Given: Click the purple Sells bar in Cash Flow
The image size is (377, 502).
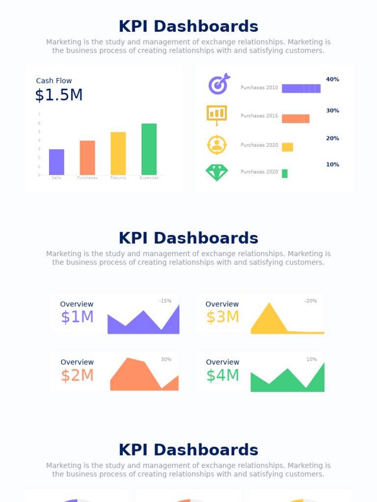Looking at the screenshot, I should click(x=56, y=162).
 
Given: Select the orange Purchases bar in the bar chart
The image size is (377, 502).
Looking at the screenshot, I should click(x=87, y=158).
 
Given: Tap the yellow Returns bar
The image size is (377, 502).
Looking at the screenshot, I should click(x=118, y=153).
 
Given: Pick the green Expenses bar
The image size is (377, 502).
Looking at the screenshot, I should click(x=149, y=149).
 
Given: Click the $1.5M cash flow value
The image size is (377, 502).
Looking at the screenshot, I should click(x=59, y=95).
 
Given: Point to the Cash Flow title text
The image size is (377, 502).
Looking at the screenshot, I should click(x=54, y=81).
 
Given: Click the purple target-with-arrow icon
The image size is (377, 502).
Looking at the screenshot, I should click(x=218, y=84).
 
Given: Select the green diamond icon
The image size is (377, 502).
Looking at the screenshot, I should click(x=216, y=172).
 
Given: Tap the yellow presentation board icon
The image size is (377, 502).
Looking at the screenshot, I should click(x=216, y=114).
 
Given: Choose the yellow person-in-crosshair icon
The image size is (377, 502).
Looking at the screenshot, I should click(x=216, y=145).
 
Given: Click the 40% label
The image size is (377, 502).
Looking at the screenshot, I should click(x=332, y=79).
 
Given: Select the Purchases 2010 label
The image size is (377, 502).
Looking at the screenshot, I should click(x=259, y=88).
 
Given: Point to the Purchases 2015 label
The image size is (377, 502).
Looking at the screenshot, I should click(x=259, y=116).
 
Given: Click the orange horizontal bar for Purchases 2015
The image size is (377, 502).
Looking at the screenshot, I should click(x=296, y=119).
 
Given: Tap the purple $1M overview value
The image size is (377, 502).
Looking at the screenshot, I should click(x=77, y=317).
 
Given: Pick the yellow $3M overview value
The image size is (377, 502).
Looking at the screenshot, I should click(x=222, y=317).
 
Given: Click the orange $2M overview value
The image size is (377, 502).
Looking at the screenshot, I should click(x=77, y=376).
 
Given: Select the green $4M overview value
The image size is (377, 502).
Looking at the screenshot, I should click(x=222, y=376).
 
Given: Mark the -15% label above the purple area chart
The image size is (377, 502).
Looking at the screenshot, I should click(x=165, y=301).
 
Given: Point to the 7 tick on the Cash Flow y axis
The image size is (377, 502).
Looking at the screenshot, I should click(x=39, y=115).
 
